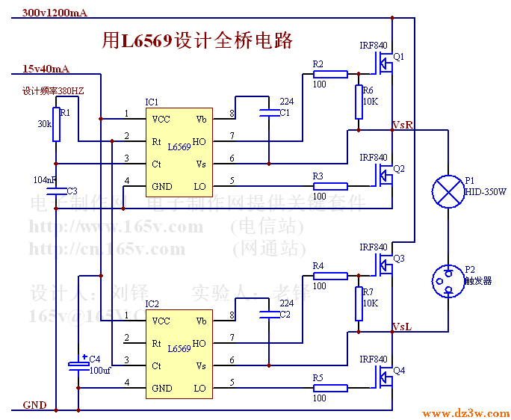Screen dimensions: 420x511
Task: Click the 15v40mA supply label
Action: tap(46, 69)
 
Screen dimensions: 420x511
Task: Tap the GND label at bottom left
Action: tap(34, 405)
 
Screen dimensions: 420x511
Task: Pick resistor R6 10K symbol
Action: tap(359, 102)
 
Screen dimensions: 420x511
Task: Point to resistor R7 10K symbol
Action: tap(359, 303)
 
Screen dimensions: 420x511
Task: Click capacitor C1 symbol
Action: tap(267, 113)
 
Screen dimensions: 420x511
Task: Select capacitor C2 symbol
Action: tap(267, 315)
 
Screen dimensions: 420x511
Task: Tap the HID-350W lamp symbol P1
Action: tap(447, 191)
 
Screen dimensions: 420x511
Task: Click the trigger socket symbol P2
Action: tap(447, 281)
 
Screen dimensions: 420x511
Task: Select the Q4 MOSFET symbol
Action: tap(384, 377)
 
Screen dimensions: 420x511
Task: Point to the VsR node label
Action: tap(403, 124)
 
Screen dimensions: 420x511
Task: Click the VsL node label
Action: tap(403, 327)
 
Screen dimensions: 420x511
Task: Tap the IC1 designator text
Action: tap(152, 102)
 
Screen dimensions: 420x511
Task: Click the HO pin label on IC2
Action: tap(199, 344)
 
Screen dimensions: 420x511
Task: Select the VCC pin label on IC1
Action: tap(161, 119)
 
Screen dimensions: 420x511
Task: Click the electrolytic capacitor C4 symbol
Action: tap(78, 364)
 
